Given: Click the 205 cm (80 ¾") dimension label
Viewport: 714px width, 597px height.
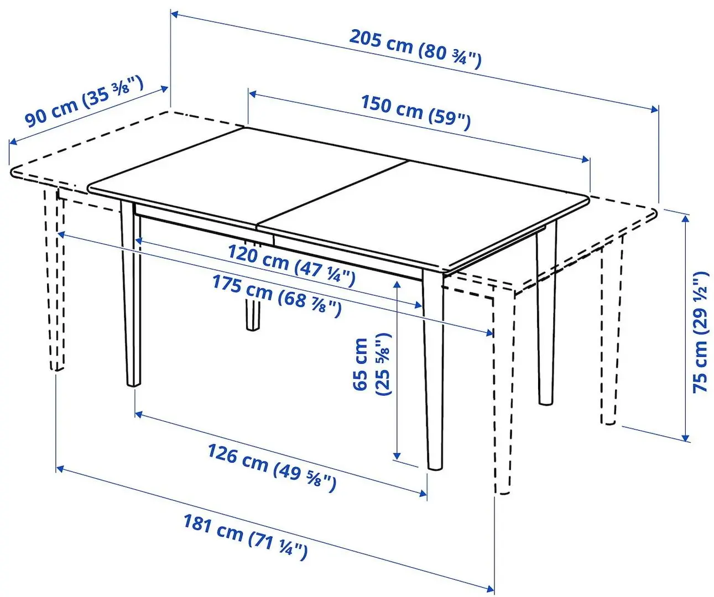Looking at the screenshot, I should point(415,48).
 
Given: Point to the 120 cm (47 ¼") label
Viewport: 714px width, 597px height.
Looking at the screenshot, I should point(291,264).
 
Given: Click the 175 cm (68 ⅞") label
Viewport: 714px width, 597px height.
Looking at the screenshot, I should point(277,295).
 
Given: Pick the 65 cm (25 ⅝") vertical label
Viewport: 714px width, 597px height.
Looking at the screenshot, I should point(372,364).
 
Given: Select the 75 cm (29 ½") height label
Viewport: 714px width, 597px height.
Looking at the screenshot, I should point(700,332).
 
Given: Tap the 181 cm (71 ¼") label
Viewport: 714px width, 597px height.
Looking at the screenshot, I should point(245,536).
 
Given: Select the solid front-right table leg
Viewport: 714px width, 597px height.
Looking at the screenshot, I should point(434,370).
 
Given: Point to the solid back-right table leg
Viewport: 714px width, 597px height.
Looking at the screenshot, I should point(545,321).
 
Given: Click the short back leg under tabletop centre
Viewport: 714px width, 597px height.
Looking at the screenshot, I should point(253,315).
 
